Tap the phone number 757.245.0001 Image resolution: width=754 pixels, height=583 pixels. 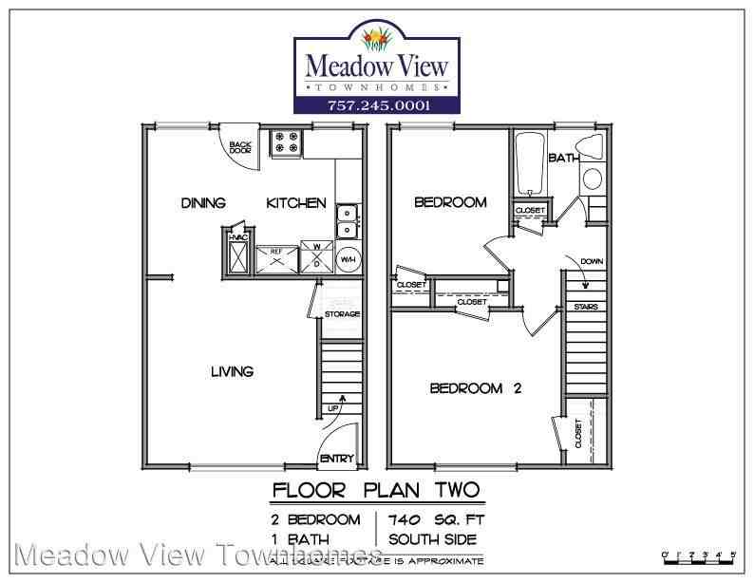(377, 105)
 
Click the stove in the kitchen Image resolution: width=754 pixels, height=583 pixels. (286, 143)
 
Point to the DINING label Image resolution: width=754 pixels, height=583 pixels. (203, 203)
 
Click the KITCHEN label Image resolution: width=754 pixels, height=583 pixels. (296, 203)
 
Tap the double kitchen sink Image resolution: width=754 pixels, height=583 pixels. (348, 220)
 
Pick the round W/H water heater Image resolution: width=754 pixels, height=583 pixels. (348, 256)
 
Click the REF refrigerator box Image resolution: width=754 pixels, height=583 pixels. (277, 256)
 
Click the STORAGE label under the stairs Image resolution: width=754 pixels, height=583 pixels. (342, 313)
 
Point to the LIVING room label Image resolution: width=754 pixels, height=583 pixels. (232, 371)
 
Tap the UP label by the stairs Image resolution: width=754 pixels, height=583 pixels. (333, 408)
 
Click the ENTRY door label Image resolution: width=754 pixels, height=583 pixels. (338, 460)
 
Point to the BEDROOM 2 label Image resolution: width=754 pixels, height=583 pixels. (477, 387)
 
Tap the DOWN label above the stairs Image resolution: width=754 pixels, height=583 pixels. (591, 261)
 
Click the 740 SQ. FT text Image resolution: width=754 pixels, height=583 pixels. (434, 519)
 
